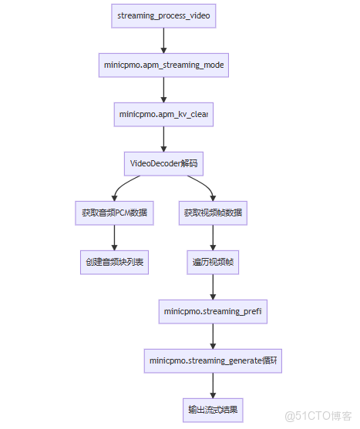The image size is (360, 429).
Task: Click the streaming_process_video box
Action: pyautogui.click(x=163, y=15)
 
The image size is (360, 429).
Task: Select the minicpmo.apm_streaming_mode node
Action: pyautogui.click(x=163, y=65)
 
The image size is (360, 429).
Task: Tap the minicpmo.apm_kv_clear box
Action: pyautogui.click(x=163, y=114)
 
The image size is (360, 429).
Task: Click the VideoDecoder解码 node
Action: pyautogui.click(x=163, y=163)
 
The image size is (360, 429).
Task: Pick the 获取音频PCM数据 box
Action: pyautogui.click(x=114, y=213)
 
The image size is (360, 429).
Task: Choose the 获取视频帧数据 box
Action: pyautogui.click(x=213, y=213)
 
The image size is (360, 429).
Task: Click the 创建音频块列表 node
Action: pyautogui.click(x=114, y=262)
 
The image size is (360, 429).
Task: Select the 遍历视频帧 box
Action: pyautogui.click(x=213, y=262)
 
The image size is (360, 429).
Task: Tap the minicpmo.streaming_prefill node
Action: pyautogui.click(x=213, y=311)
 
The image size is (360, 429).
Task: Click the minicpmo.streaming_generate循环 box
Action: pyautogui.click(x=213, y=360)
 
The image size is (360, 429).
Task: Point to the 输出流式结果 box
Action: pyautogui.click(x=213, y=410)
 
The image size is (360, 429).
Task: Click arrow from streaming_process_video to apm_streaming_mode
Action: pyautogui.click(x=163, y=40)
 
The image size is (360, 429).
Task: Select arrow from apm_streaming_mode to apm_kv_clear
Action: pyautogui.click(x=163, y=89)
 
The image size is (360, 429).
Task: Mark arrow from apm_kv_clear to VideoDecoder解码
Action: pyautogui.click(x=163, y=139)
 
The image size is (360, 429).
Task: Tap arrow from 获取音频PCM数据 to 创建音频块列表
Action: pyautogui.click(x=114, y=237)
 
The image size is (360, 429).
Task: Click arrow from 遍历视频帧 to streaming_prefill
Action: pyautogui.click(x=213, y=287)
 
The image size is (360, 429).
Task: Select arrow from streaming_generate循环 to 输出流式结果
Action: pyautogui.click(x=213, y=385)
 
